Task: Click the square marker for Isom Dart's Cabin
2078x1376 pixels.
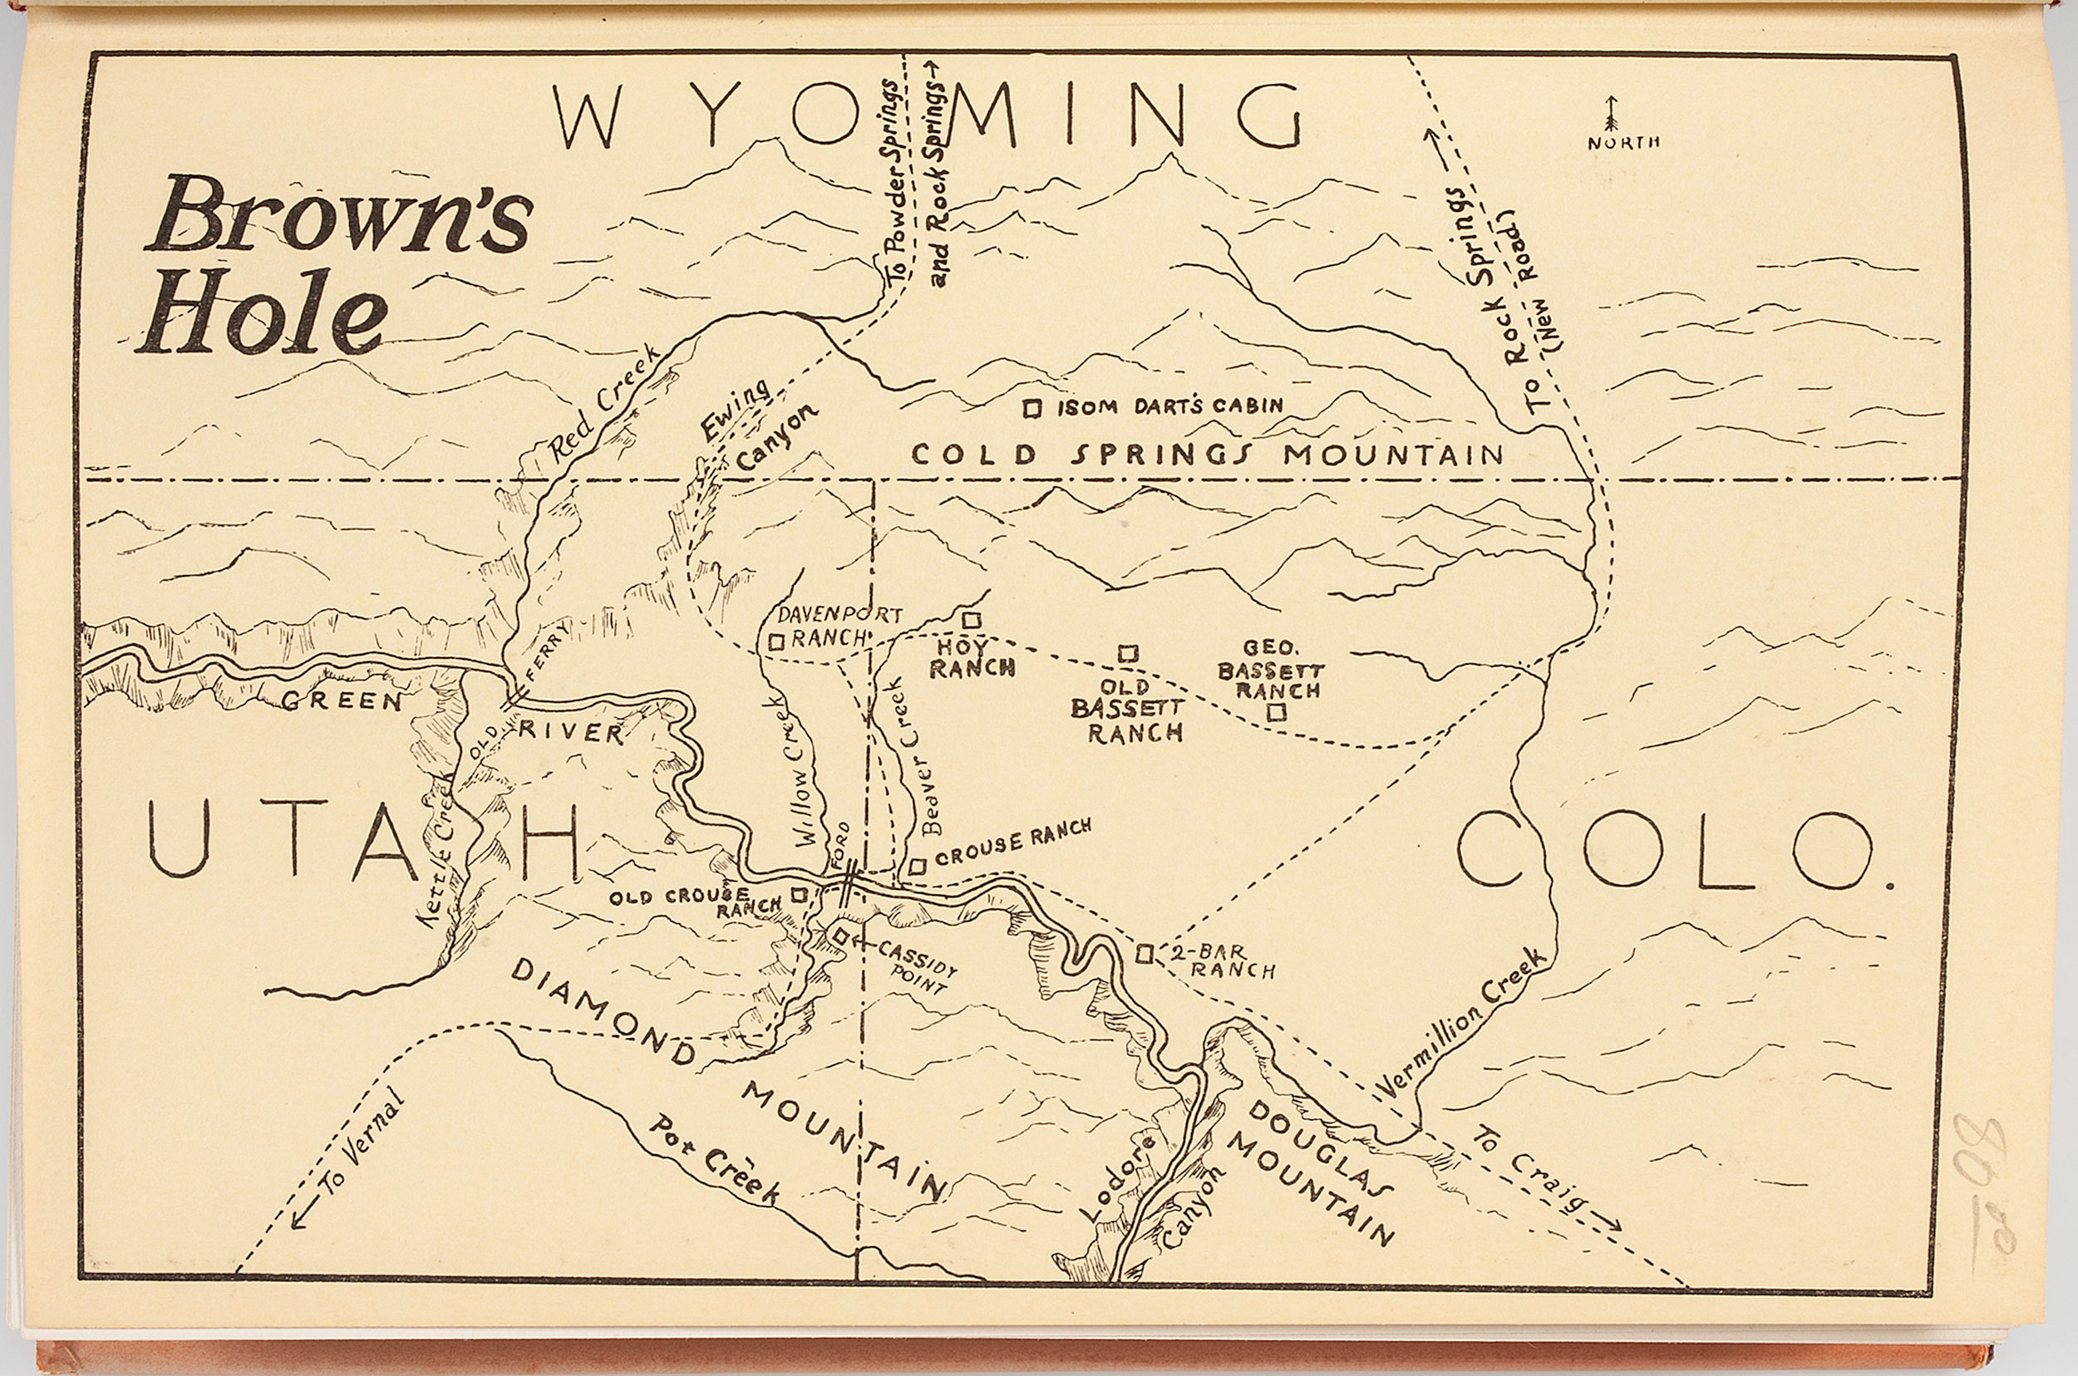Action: [1032, 408]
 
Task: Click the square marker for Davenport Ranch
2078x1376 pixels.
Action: [776, 642]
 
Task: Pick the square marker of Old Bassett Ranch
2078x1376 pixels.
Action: [1128, 654]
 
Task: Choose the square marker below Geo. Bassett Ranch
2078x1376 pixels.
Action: [1278, 712]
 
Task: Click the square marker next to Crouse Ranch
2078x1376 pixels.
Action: [917, 867]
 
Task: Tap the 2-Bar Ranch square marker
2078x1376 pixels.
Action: [1144, 954]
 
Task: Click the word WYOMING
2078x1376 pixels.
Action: [926, 115]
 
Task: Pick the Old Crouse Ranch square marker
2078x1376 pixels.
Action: [799, 895]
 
